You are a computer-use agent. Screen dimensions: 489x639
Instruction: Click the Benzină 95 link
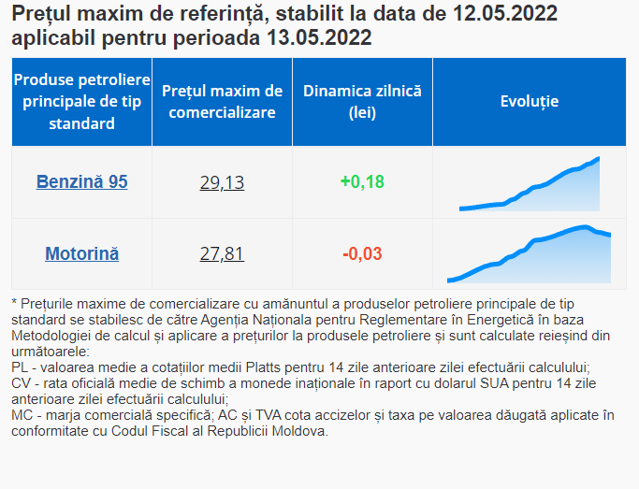[81, 181]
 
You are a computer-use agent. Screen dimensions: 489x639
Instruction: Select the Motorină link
[81, 253]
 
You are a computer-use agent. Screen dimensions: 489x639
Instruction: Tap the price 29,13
[222, 182]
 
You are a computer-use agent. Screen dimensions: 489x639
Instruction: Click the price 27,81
[222, 254]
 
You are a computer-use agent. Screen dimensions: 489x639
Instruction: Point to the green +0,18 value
[362, 181]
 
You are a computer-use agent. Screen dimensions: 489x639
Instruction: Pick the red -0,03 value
[362, 253]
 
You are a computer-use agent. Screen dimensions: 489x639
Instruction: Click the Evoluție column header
[529, 101]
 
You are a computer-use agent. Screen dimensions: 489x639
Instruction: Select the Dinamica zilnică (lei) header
[362, 102]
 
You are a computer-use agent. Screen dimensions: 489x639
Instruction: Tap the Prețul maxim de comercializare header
[222, 102]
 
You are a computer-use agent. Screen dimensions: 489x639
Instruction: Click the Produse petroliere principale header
[81, 101]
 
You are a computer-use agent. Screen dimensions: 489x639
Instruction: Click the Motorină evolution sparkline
[529, 253]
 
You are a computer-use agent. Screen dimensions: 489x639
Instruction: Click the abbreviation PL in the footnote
[20, 367]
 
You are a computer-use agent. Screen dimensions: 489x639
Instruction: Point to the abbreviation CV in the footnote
[21, 383]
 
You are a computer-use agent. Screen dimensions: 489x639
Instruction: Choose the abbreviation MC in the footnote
[22, 415]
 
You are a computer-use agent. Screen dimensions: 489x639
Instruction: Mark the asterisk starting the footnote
[14, 305]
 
